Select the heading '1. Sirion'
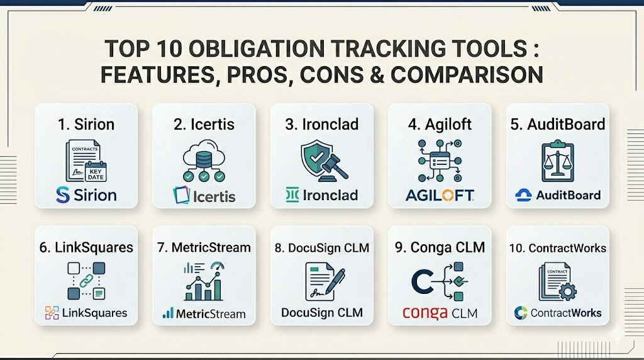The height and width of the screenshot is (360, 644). (x=86, y=124)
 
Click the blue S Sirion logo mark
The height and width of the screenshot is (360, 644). (x=62, y=194)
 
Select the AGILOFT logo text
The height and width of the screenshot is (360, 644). (x=440, y=195)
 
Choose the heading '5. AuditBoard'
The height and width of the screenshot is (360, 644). (x=557, y=124)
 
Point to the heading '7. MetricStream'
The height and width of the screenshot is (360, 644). (x=204, y=247)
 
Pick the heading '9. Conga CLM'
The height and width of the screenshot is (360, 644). (x=440, y=247)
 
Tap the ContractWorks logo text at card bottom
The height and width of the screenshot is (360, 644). (x=565, y=313)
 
